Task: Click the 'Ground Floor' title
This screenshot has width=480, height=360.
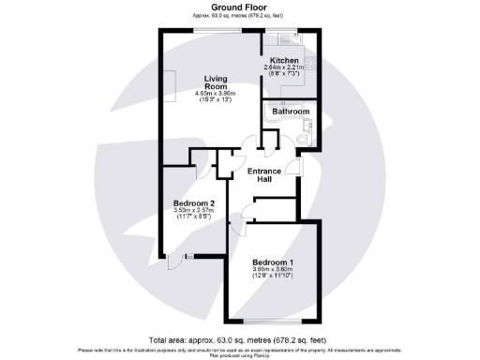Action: pyautogui.click(x=239, y=7)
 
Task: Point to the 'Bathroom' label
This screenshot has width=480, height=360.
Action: pyautogui.click(x=290, y=112)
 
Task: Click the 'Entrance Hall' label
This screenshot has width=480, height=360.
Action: pyautogui.click(x=265, y=175)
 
